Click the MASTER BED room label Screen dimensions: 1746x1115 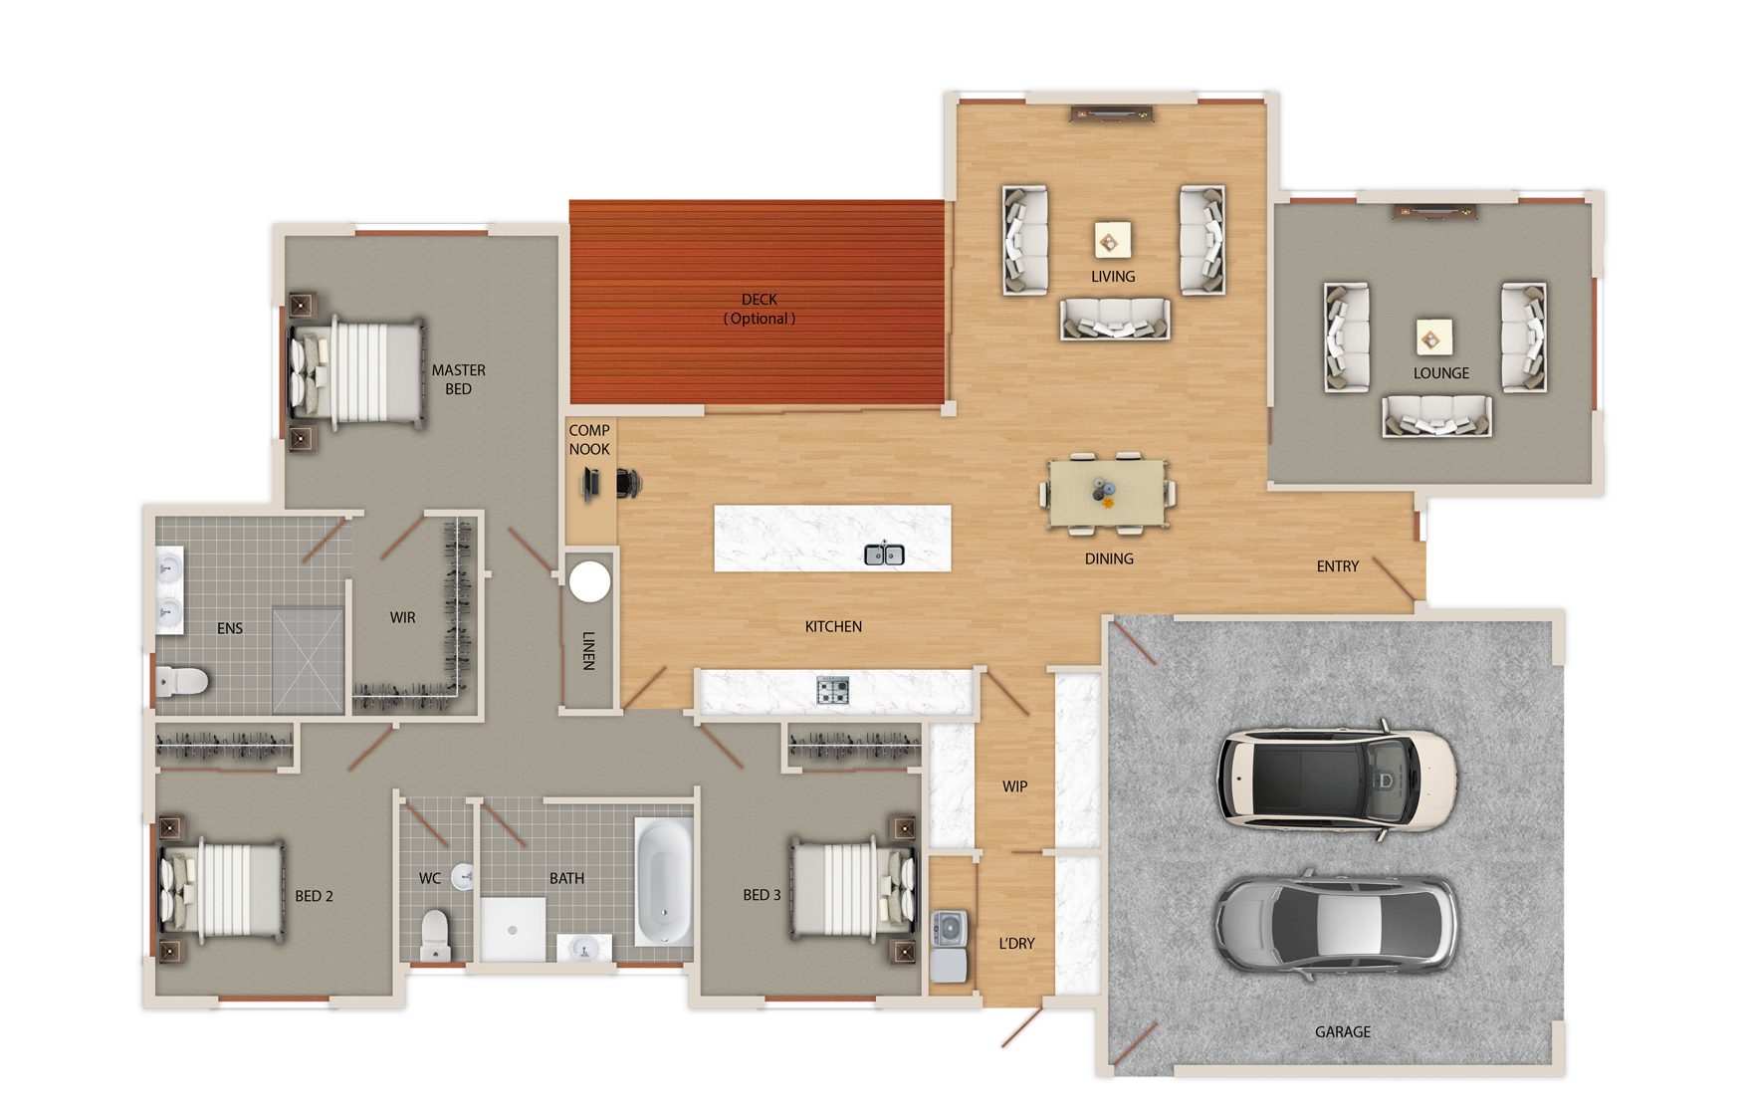click(x=458, y=379)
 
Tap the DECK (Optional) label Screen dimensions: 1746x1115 click(x=760, y=309)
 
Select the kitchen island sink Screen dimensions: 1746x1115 click(x=884, y=555)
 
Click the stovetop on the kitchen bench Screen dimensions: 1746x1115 click(x=833, y=690)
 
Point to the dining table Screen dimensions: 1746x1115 click(x=1107, y=492)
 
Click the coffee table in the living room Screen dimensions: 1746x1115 click(x=1112, y=240)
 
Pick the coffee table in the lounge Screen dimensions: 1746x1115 click(x=1433, y=337)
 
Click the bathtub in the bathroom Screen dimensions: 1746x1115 click(x=663, y=882)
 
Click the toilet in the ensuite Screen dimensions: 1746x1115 click(x=182, y=681)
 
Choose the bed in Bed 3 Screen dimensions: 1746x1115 click(x=854, y=889)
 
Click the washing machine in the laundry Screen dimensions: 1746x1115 click(x=949, y=928)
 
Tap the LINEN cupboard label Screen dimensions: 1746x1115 click(x=588, y=650)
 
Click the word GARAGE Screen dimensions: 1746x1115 click(x=1343, y=1032)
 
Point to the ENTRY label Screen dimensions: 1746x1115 click(x=1338, y=566)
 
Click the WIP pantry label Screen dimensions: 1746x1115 click(x=1015, y=786)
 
